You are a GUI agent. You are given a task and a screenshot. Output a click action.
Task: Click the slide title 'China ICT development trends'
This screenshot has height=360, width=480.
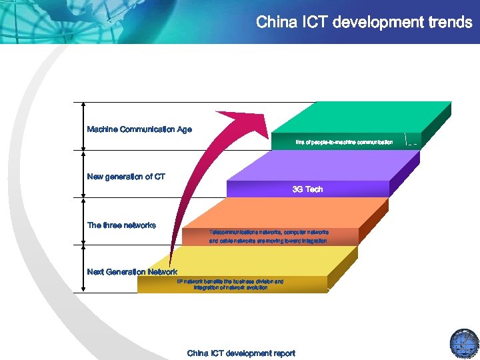[364, 22]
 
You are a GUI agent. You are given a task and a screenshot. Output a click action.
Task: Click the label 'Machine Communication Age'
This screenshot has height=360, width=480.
[139, 129]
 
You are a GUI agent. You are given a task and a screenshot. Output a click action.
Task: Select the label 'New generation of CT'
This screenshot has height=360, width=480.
[126, 177]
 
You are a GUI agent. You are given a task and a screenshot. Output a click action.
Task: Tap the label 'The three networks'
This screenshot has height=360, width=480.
[121, 225]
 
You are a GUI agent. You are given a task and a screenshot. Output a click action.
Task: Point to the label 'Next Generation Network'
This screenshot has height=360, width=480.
[132, 271]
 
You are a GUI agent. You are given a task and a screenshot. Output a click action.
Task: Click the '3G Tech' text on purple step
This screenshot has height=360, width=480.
[307, 189]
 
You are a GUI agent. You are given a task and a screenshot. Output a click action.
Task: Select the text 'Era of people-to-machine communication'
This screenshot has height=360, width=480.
[344, 142]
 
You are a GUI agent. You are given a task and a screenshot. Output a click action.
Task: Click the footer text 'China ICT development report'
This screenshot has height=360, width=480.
[241, 353]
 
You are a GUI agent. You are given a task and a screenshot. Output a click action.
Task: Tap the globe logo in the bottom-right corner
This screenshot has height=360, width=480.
[464, 343]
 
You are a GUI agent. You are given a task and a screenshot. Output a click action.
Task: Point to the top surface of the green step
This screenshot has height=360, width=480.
[360, 117]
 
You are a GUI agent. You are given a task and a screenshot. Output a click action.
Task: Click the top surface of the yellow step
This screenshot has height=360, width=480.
[253, 261]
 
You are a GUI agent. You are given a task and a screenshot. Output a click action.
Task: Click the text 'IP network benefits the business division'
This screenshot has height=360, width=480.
[230, 281]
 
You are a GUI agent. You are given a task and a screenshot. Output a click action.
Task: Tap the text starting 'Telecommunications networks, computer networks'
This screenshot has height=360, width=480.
[269, 232]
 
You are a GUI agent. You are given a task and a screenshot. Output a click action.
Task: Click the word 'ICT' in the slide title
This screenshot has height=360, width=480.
[313, 22]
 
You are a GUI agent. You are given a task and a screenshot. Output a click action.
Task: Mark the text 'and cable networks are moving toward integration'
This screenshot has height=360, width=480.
[268, 241]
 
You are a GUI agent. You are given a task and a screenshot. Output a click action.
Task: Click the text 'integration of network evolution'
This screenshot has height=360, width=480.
[230, 288]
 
